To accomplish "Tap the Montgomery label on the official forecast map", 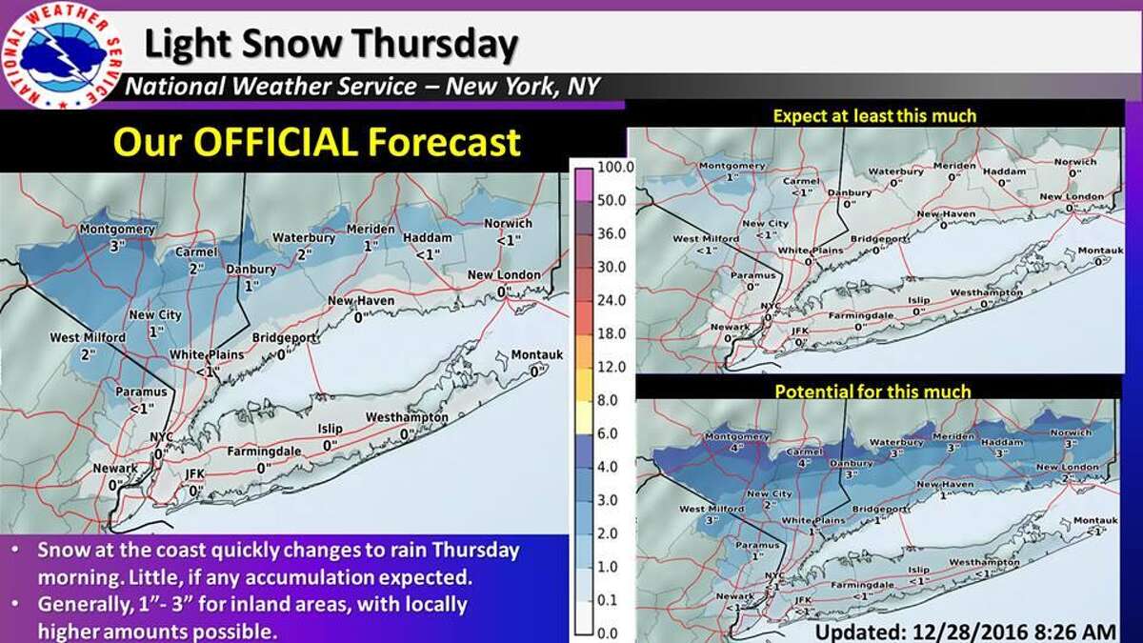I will tap(117, 230).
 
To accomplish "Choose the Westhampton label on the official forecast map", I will tap(407, 417).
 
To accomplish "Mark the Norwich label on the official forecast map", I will tap(507, 224).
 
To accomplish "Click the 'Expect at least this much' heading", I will tap(874, 116).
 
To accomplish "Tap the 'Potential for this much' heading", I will tap(872, 392).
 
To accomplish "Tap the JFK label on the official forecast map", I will tap(195, 473).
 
